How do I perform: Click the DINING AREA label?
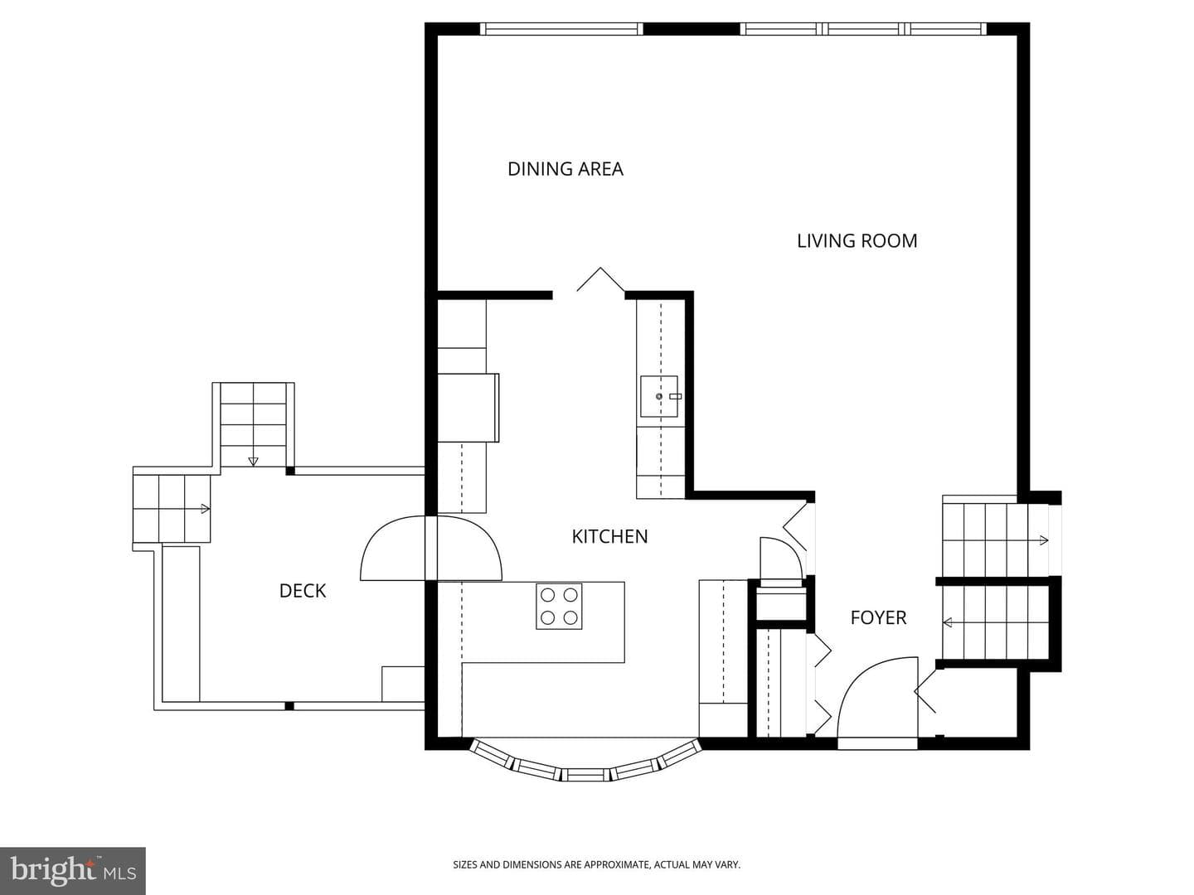click(x=565, y=169)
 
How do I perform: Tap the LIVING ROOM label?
click(x=857, y=240)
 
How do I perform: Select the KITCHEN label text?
click(x=609, y=537)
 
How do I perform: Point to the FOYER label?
click(x=878, y=618)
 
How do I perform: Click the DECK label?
click(x=303, y=591)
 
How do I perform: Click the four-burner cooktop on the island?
click(x=559, y=607)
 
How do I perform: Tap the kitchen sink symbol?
click(x=659, y=396)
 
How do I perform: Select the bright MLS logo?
click(x=73, y=870)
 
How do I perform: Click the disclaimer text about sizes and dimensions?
click(x=597, y=864)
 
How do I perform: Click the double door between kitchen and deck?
click(x=431, y=548)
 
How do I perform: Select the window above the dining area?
click(x=561, y=29)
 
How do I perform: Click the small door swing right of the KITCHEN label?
click(x=781, y=558)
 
